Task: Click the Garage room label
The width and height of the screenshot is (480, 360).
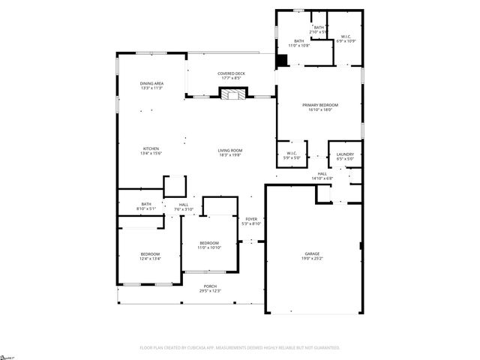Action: click(x=312, y=254)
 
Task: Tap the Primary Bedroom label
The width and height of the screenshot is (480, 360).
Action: click(x=320, y=106)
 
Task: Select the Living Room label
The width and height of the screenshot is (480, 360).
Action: click(x=230, y=150)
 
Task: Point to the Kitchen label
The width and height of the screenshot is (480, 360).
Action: click(x=151, y=148)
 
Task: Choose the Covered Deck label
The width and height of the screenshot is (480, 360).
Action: click(x=230, y=73)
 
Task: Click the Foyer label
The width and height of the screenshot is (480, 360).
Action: click(x=251, y=219)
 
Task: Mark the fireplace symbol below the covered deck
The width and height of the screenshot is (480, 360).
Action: click(x=231, y=94)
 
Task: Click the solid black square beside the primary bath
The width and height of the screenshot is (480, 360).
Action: click(x=282, y=61)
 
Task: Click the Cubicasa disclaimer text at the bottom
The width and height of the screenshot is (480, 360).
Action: click(x=240, y=348)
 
